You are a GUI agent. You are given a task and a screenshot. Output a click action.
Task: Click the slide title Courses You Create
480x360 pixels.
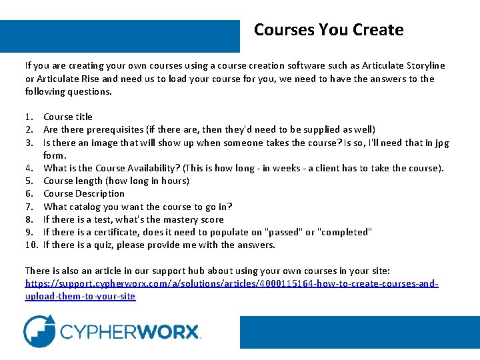pyautogui.click(x=329, y=30)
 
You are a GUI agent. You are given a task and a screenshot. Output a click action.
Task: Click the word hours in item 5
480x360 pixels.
pyautogui.click(x=174, y=181)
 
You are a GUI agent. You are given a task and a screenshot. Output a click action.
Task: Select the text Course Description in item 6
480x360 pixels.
pyautogui.click(x=83, y=193)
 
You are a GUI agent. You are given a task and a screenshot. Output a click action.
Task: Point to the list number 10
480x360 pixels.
pyautogui.click(x=31, y=245)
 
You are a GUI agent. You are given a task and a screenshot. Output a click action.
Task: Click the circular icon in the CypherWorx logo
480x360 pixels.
pyautogui.click(x=39, y=331)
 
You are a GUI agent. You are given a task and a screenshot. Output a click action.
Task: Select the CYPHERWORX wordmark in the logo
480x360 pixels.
pyautogui.click(x=130, y=332)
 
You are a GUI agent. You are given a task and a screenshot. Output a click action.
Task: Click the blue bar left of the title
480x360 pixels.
pyautogui.click(x=119, y=36)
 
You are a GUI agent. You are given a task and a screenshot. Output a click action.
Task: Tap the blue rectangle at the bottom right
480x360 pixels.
pyautogui.click(x=359, y=331)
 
